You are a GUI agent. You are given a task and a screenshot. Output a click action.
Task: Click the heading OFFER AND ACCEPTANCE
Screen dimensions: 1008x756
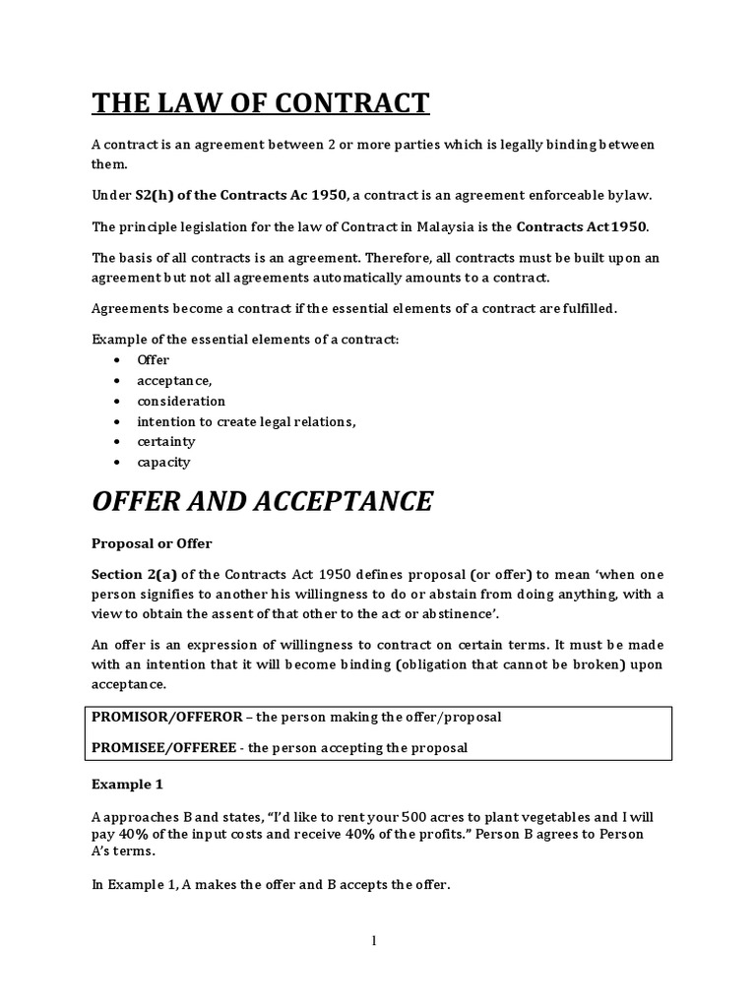pos(262,501)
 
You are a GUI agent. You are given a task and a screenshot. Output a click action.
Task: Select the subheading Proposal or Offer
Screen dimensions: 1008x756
pos(152,542)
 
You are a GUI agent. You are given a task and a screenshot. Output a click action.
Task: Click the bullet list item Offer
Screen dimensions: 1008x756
pos(154,360)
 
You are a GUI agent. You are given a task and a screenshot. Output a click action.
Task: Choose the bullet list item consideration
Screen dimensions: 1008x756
pos(181,401)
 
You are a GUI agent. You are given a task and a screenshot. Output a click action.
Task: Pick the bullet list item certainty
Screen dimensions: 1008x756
pos(166,441)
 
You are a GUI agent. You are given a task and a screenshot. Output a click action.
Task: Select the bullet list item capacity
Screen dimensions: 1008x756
pos(163,462)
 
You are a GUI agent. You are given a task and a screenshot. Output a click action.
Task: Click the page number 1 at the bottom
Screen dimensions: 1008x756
pos(374,941)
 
